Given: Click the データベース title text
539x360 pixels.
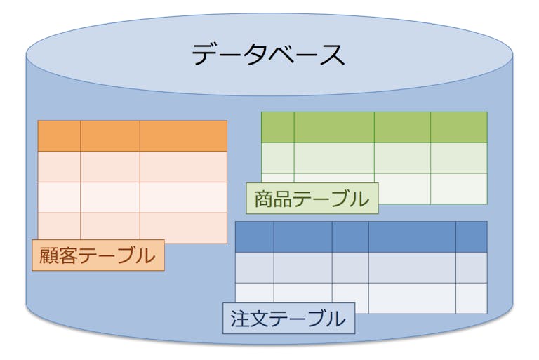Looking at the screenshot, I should [x=269, y=55].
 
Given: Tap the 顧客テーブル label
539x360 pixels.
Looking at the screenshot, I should [x=98, y=255].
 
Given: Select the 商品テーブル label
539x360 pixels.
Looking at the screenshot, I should [x=312, y=199].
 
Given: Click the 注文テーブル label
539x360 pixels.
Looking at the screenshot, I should [x=288, y=319].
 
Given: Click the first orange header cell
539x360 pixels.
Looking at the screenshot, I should [x=59, y=136].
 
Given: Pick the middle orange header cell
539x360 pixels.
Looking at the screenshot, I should [x=110, y=136].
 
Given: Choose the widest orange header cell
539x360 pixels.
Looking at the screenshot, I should [x=183, y=136].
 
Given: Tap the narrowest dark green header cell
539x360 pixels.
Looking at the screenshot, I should [x=278, y=127].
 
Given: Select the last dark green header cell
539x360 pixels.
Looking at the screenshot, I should [x=459, y=127].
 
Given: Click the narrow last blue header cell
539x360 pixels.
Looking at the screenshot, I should [x=472, y=237].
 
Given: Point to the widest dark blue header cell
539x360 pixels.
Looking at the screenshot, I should [x=412, y=237].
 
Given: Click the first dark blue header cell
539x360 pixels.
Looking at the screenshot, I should [x=254, y=237].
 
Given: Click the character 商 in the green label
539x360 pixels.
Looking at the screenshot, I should [x=262, y=199].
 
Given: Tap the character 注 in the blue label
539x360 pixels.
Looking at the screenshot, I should [x=239, y=319].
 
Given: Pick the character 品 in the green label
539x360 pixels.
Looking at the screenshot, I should [x=281, y=199].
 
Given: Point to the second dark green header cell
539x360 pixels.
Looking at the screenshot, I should [x=334, y=127].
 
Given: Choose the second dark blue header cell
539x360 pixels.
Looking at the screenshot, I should [x=302, y=237].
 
